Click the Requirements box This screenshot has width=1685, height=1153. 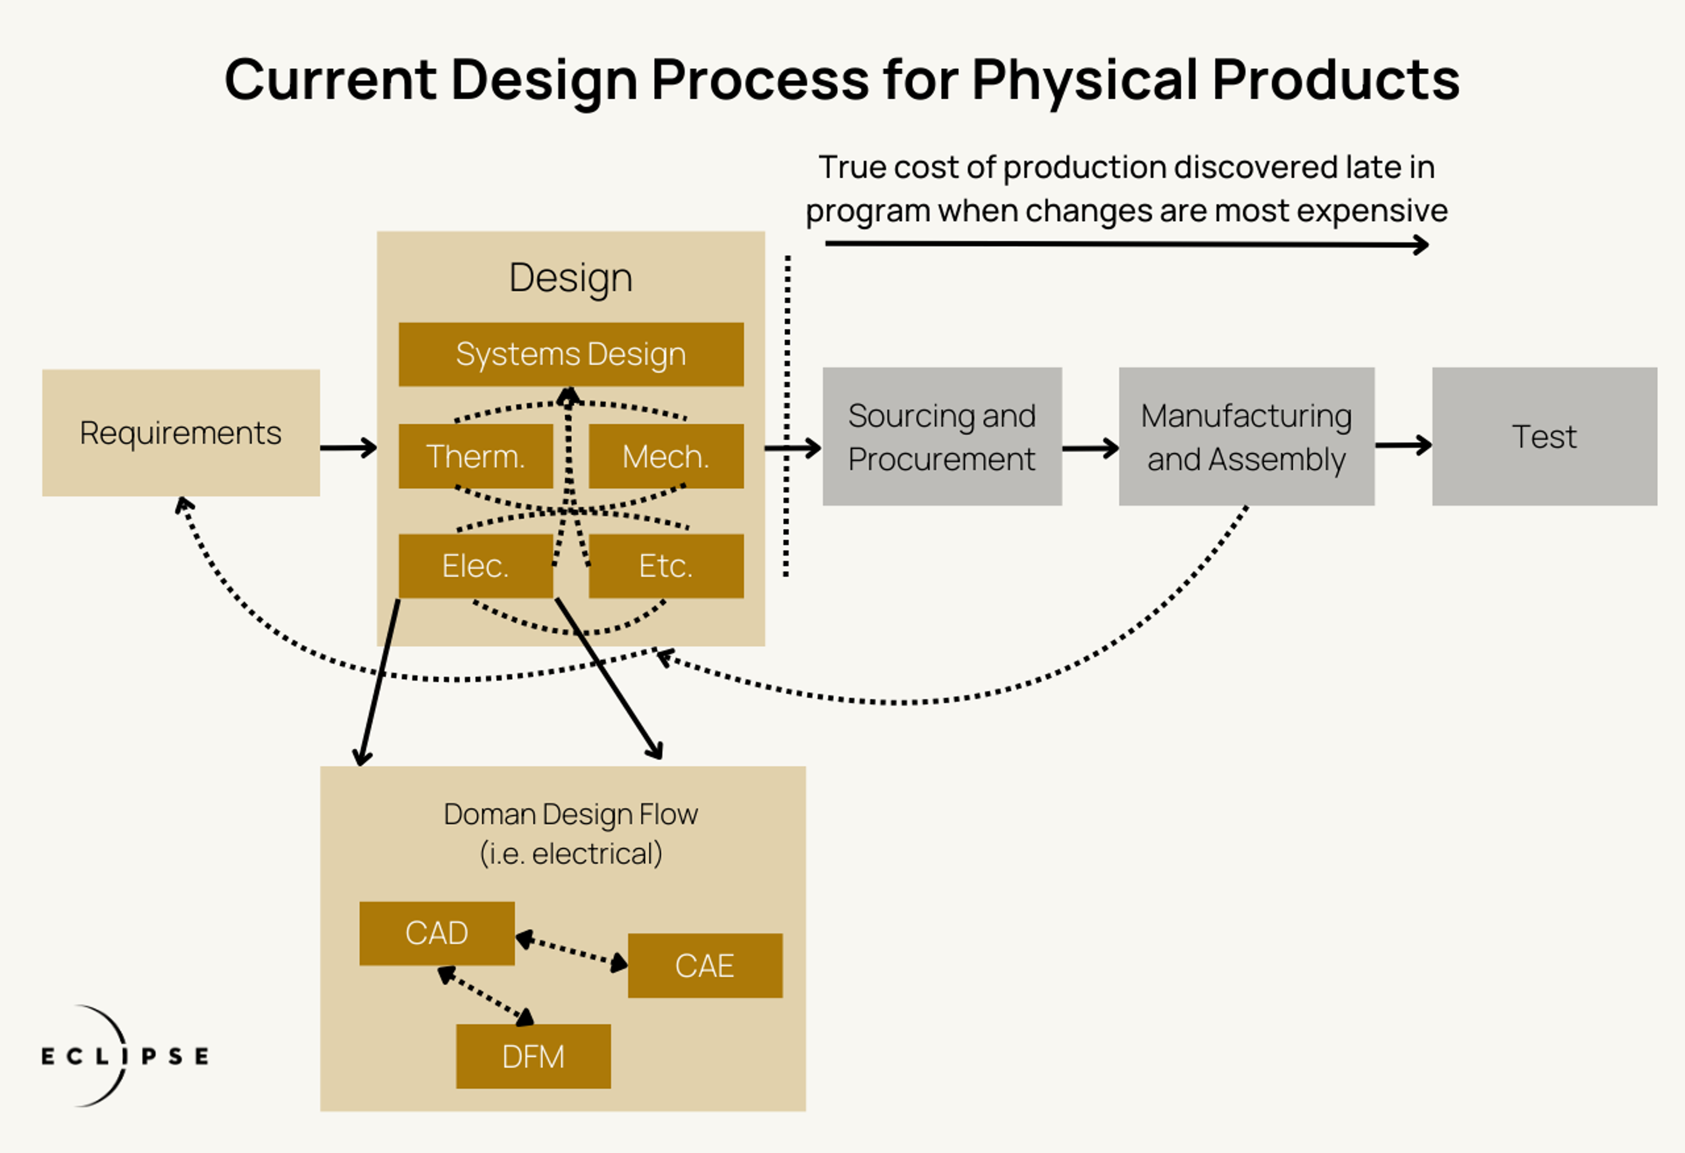click(x=180, y=433)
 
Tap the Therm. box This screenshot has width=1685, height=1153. click(x=476, y=456)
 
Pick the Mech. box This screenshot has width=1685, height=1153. click(x=666, y=456)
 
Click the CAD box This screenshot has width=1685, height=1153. click(x=437, y=933)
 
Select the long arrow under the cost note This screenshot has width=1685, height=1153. click(x=1127, y=244)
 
